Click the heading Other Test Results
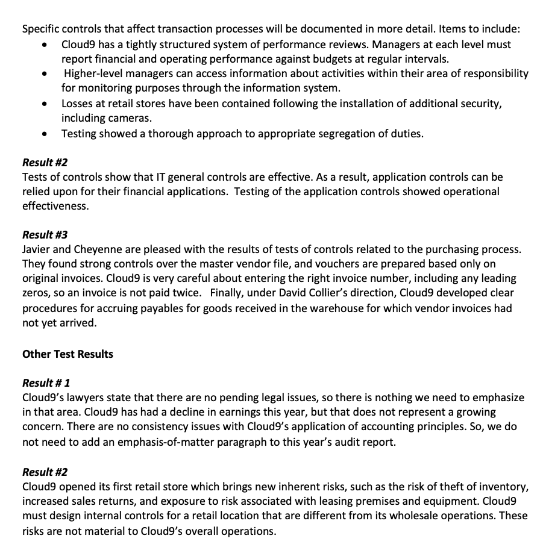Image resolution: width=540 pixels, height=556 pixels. click(67, 354)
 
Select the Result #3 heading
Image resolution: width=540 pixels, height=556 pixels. click(45, 235)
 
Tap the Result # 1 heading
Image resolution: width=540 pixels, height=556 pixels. click(46, 383)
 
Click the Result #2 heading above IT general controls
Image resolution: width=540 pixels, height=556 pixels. click(45, 163)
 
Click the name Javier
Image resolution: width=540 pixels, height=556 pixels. click(37, 249)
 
